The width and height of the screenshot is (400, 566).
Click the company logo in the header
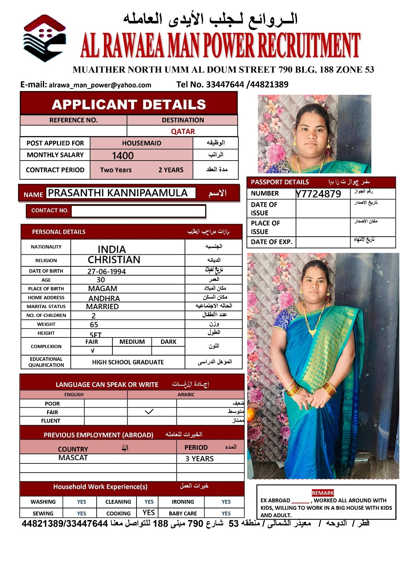click(44, 38)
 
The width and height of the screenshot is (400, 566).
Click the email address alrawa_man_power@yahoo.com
click(100, 85)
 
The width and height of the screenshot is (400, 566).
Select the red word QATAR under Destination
click(183, 131)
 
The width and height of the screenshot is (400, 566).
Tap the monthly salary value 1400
click(123, 156)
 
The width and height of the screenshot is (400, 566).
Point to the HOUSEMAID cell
click(141, 143)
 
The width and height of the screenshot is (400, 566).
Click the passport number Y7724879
click(319, 194)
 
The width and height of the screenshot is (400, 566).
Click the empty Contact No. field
click(138, 211)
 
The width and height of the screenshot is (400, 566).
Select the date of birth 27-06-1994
click(106, 272)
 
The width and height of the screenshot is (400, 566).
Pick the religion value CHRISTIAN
click(114, 260)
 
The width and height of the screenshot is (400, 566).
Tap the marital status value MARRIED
click(103, 307)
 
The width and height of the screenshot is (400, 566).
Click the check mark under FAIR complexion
click(92, 351)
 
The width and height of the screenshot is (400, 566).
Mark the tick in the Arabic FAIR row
click(149, 412)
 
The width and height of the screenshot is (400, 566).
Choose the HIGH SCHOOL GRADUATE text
click(128, 362)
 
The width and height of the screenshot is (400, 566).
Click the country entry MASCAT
click(73, 458)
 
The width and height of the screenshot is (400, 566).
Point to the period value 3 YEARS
click(199, 459)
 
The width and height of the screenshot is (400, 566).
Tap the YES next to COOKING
click(149, 513)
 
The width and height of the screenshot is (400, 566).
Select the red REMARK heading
click(323, 493)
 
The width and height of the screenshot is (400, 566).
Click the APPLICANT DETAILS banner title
click(129, 105)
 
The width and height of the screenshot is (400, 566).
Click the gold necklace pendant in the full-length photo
click(313, 332)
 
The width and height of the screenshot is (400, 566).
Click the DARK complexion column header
click(168, 342)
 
